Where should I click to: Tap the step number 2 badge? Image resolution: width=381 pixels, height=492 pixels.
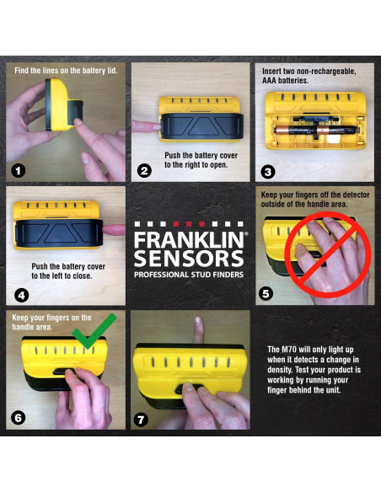[144, 170]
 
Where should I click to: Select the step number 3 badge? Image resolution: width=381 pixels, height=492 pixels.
[268, 171]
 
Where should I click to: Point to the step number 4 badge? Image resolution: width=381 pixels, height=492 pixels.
[18, 294]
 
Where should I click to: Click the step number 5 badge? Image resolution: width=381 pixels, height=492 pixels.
[267, 294]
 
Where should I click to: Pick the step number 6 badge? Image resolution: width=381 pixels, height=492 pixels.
[18, 418]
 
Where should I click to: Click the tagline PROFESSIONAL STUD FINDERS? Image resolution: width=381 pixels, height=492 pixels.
[190, 275]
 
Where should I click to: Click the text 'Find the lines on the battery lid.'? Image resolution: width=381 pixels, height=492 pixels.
[66, 70]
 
